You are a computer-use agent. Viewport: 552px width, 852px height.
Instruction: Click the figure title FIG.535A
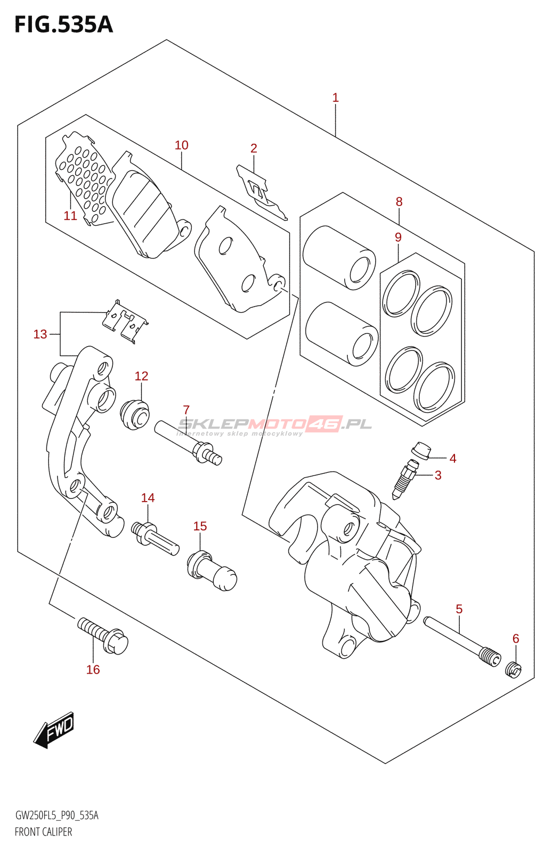click(64, 24)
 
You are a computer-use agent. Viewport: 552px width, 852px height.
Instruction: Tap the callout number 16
click(93, 669)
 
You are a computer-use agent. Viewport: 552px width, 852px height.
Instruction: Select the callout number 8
click(399, 202)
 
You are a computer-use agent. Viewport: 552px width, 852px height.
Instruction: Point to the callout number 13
click(40, 334)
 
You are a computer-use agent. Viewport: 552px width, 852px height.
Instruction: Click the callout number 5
click(459, 609)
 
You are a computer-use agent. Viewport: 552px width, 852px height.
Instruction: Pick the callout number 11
click(70, 216)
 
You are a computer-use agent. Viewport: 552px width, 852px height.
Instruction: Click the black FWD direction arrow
click(54, 730)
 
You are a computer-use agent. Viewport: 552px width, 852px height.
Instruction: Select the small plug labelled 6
click(514, 669)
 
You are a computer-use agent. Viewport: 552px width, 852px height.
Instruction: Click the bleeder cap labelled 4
click(420, 450)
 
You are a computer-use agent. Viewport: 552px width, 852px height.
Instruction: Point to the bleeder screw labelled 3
click(403, 478)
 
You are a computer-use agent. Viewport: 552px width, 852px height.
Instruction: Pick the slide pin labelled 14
click(156, 538)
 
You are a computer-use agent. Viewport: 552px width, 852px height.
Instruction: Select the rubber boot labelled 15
click(212, 570)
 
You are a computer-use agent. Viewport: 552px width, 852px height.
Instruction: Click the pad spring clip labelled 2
click(261, 191)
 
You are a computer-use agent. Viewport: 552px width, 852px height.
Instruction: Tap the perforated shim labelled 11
click(83, 178)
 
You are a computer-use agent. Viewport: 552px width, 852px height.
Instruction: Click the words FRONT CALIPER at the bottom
click(43, 832)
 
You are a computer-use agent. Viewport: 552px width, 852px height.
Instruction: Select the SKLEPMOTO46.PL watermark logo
click(274, 425)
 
